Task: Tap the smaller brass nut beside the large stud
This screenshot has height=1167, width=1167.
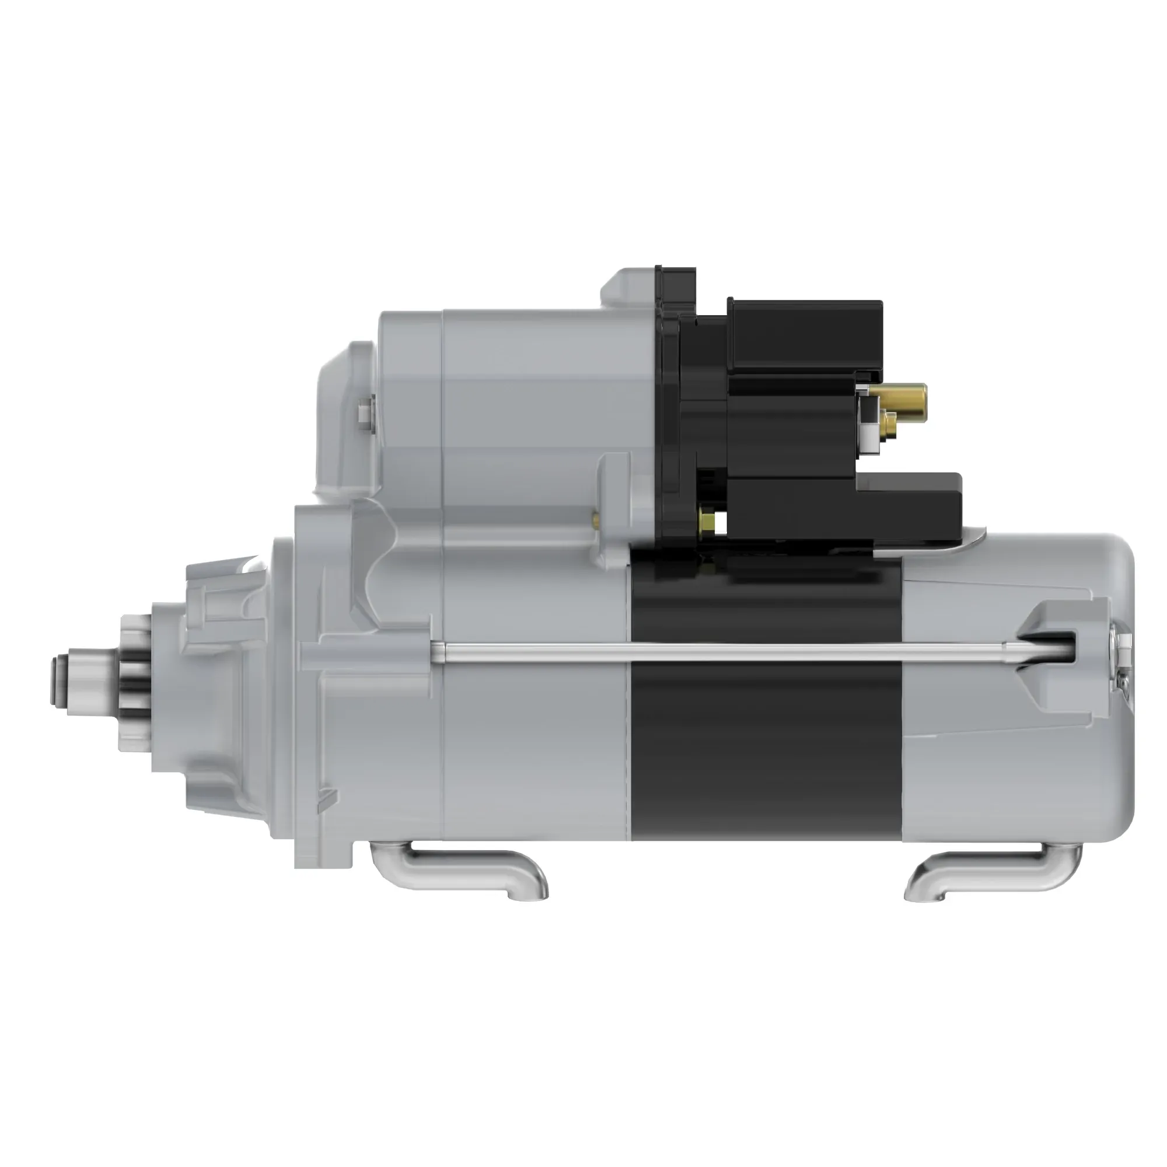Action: pyautogui.click(x=888, y=424)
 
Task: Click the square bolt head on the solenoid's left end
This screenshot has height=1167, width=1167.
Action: pyautogui.click(x=364, y=414)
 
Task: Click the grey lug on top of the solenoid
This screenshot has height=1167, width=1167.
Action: pyautogui.click(x=628, y=288)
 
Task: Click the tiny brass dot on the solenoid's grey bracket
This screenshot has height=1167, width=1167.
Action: pyautogui.click(x=596, y=518)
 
